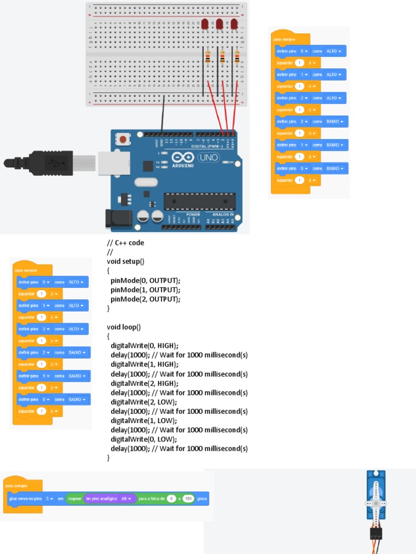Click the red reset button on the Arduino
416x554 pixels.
point(123,140)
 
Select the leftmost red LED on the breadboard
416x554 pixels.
point(205,24)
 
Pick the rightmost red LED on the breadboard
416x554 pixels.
point(234,24)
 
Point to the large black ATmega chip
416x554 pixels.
point(200,201)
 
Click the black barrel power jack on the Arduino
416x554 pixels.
point(118,218)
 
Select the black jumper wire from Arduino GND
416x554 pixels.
point(162,116)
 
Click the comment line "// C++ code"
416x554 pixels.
point(126,243)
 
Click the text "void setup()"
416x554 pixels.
point(126,261)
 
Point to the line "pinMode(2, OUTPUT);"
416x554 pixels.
point(145,299)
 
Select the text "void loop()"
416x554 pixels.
point(123,327)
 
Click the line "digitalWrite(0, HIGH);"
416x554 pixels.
point(144,346)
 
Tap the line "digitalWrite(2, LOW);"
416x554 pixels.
point(144,402)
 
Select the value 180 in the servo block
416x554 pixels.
point(188,498)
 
